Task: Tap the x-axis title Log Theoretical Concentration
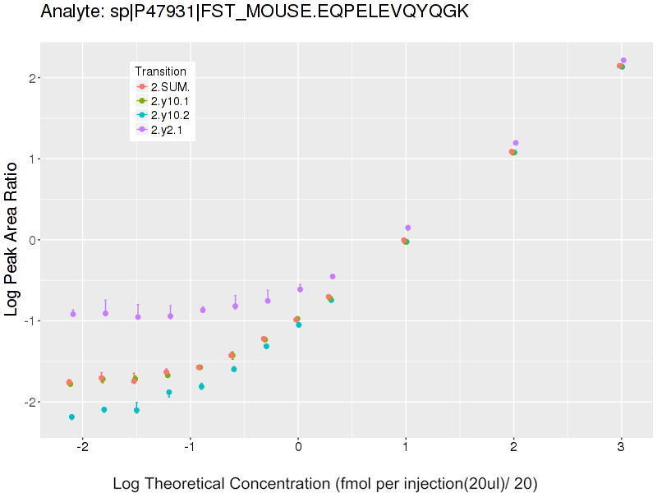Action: point(324,483)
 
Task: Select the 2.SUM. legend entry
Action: point(170,86)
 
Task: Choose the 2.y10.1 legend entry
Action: point(170,101)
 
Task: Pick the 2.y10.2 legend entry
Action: point(170,116)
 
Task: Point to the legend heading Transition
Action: point(165,71)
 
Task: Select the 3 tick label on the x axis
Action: point(621,448)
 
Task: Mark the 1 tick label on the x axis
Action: point(406,448)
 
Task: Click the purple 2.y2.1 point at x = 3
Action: point(623,60)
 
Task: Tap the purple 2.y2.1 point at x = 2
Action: point(516,143)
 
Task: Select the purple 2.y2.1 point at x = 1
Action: point(408,228)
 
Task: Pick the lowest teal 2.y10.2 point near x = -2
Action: point(72,417)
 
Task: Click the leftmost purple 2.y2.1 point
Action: point(73,314)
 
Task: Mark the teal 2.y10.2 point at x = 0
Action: point(299,325)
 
